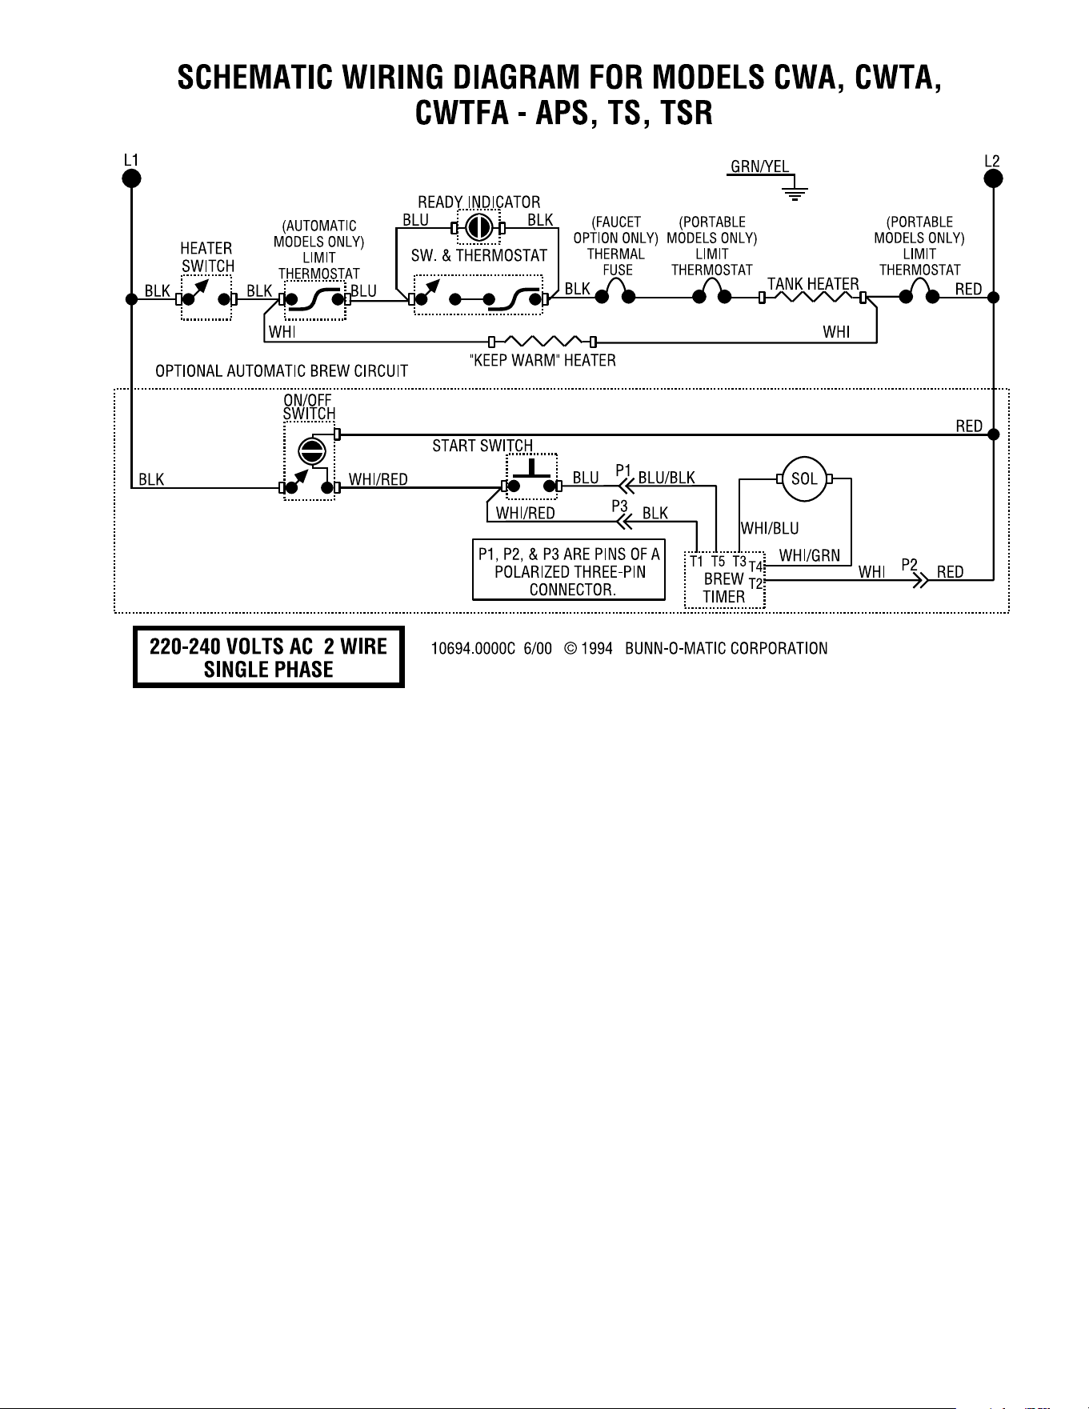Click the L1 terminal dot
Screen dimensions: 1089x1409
[x=131, y=178]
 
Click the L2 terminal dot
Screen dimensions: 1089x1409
[x=993, y=178]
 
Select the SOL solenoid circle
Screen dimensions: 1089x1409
[x=804, y=478]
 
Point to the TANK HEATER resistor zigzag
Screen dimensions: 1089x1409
[x=812, y=298]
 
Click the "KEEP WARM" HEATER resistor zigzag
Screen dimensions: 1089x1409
[x=543, y=342]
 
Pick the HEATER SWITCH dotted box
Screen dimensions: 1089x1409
[x=206, y=298]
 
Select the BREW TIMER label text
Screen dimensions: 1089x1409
[x=724, y=587]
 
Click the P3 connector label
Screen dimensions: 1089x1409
[x=619, y=505]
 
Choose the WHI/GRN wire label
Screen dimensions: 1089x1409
[x=810, y=554]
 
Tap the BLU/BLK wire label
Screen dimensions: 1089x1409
[x=667, y=478]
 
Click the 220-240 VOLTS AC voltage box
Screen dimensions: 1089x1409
[x=269, y=657]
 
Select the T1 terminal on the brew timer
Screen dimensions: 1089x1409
[x=697, y=562]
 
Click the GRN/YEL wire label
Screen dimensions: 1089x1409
[x=759, y=166]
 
